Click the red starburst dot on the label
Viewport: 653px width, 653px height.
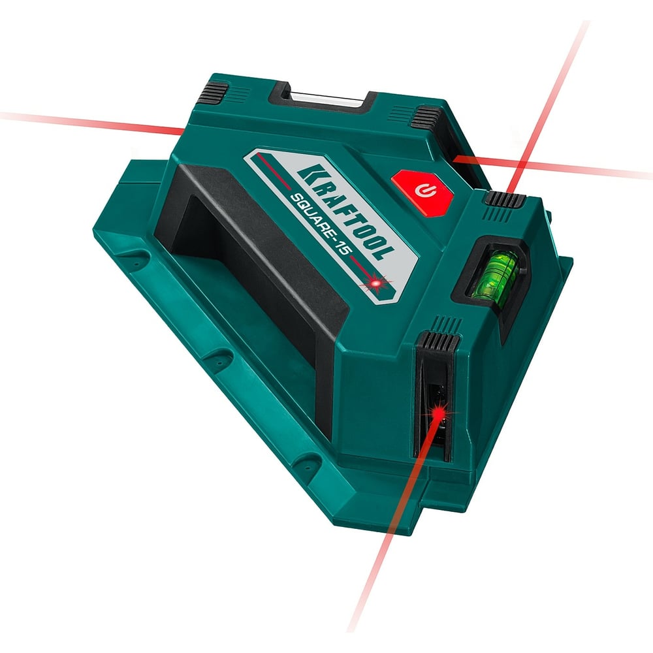(x=377, y=283)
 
